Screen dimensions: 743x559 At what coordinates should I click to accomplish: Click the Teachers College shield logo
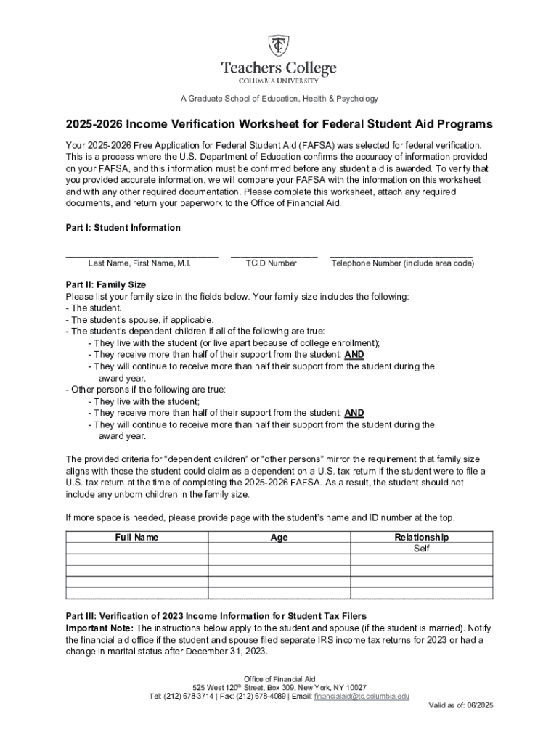279,46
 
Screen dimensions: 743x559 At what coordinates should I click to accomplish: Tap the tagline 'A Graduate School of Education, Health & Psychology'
279,99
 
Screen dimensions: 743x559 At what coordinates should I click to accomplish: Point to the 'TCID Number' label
271,263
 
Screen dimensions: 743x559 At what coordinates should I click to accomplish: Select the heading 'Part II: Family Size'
106,285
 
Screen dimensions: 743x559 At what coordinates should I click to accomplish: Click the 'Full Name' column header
136,538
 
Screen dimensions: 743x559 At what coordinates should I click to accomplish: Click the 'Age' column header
279,538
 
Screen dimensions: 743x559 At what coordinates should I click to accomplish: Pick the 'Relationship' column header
421,538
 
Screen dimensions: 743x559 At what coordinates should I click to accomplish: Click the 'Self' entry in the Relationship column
421,549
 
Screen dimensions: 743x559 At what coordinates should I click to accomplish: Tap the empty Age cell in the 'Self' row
279,549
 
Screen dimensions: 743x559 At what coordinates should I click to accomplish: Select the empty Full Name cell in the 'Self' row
136,549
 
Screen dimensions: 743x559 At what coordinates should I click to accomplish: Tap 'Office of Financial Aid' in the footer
279,678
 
